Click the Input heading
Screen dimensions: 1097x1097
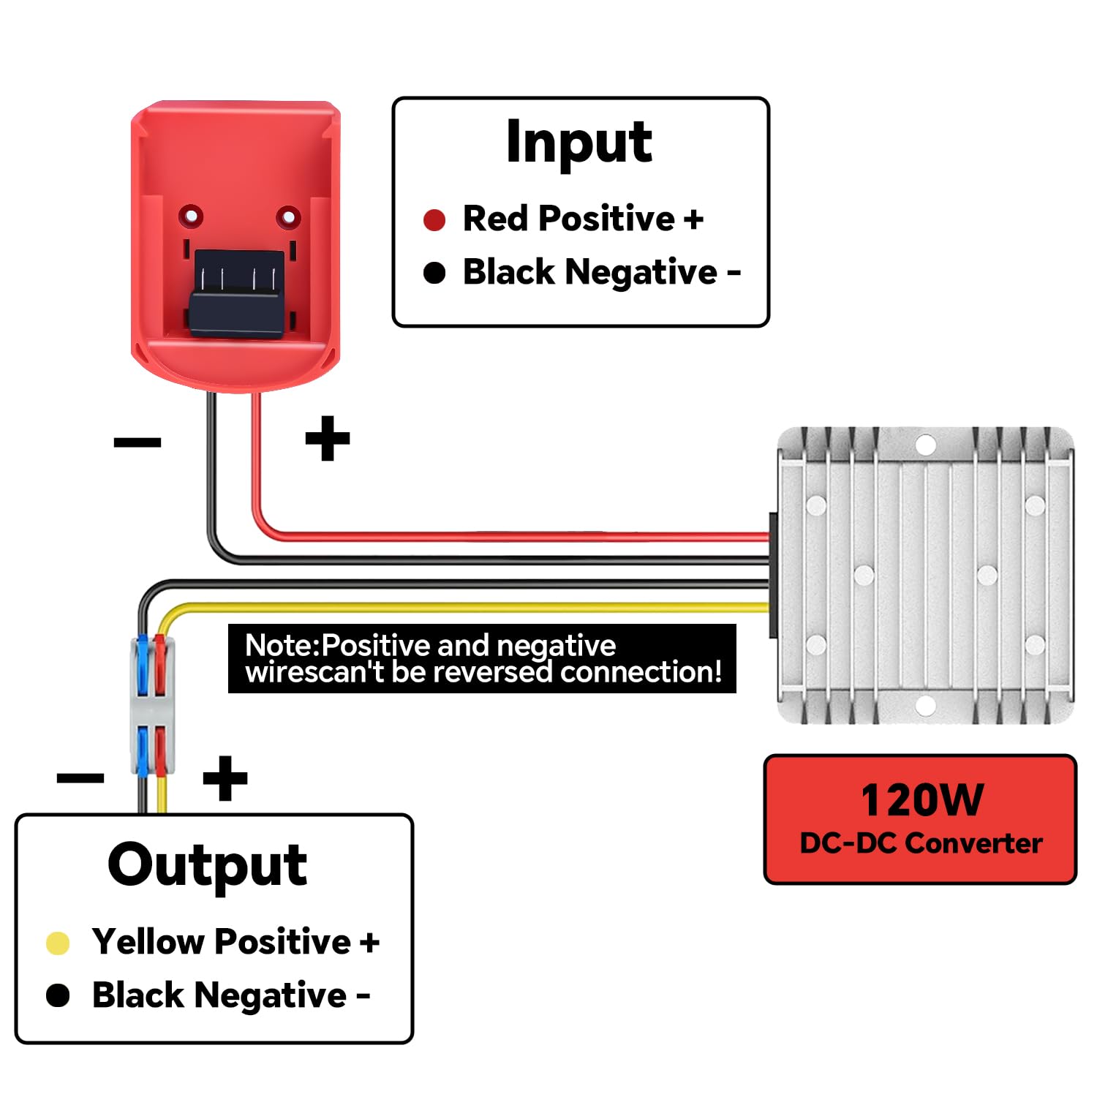coord(578,143)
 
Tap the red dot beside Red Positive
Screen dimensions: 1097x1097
coord(434,219)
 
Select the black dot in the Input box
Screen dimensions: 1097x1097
coord(434,273)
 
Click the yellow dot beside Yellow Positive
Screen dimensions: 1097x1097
coord(58,943)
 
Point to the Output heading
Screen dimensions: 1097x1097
coord(207,865)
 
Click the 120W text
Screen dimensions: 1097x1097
coord(921,799)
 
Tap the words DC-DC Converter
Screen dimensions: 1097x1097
coord(921,843)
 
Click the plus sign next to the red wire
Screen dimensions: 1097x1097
coord(327,439)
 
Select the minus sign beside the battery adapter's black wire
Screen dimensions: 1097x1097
coord(137,442)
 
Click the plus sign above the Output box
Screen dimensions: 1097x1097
coord(225,778)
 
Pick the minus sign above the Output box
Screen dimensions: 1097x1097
coord(80,777)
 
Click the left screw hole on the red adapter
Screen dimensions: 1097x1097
coord(191,216)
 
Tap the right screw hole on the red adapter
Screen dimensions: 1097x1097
coord(288,217)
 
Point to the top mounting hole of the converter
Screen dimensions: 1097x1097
coord(925,445)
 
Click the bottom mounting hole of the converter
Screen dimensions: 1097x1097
coord(925,706)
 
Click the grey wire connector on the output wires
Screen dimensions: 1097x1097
coord(152,706)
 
